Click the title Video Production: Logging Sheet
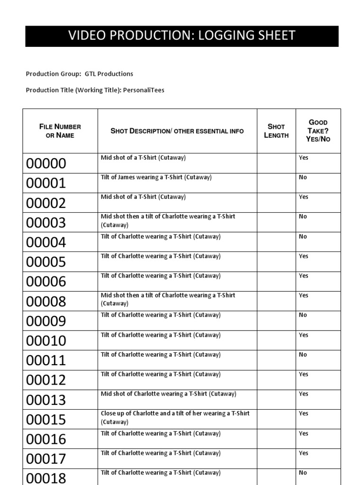click(182, 36)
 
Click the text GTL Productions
click(109, 74)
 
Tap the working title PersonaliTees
click(144, 90)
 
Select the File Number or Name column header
click(60, 131)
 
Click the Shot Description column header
click(177, 131)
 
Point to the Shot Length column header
click(276, 131)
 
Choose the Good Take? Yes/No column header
click(318, 131)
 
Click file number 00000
click(46, 164)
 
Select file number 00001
click(46, 184)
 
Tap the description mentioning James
click(156, 177)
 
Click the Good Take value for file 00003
click(303, 216)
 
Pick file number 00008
click(46, 302)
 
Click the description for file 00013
click(168, 394)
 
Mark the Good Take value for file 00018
click(303, 473)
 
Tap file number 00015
click(46, 420)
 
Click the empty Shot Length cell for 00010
click(276, 341)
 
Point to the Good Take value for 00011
click(303, 354)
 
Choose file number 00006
click(46, 282)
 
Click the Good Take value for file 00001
click(303, 177)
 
